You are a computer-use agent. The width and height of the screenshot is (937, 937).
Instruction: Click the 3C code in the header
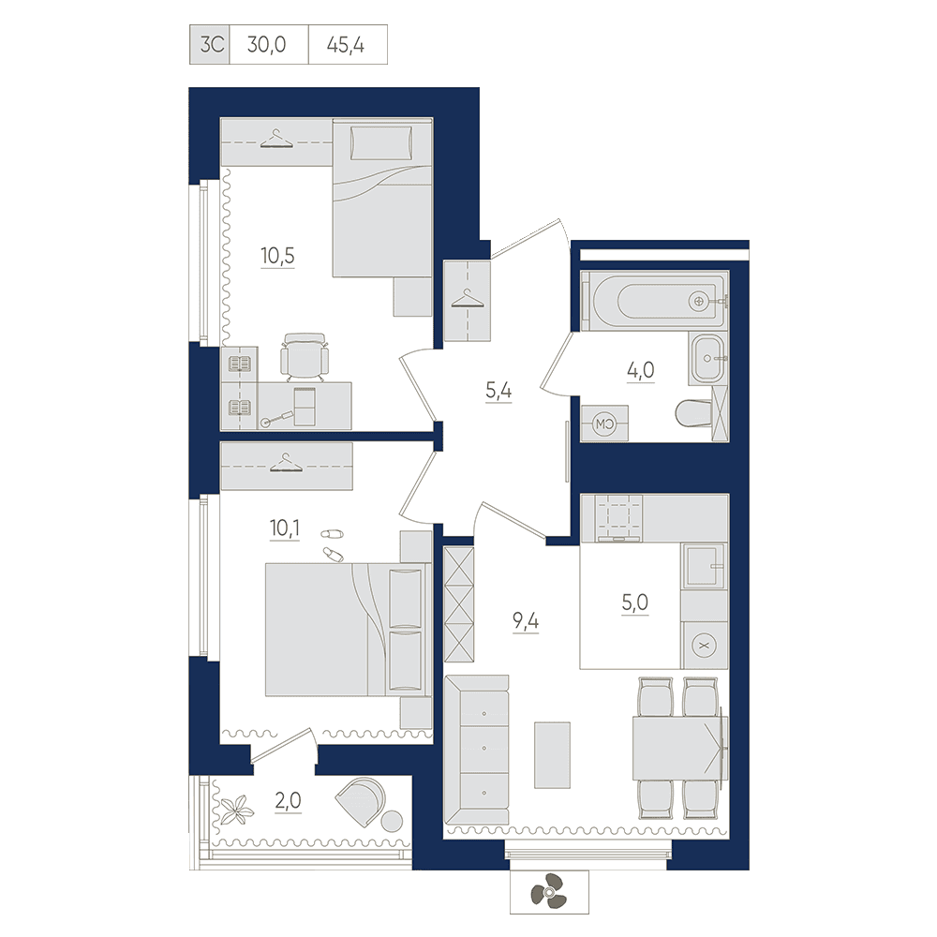click(x=212, y=45)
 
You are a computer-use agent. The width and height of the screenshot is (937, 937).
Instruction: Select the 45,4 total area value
click(x=346, y=45)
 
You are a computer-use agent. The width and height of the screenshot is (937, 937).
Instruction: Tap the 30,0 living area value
click(x=266, y=45)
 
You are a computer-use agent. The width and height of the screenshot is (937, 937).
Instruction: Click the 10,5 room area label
click(x=278, y=256)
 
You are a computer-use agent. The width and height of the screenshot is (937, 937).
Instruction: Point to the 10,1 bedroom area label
click(x=285, y=528)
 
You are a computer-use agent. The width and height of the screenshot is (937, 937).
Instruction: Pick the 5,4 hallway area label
click(x=498, y=391)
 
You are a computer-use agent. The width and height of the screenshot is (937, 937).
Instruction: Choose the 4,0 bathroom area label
click(x=641, y=370)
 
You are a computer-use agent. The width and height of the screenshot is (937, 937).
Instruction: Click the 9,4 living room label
click(x=526, y=621)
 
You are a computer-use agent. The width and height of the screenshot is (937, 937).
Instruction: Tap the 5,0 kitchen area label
click(x=634, y=602)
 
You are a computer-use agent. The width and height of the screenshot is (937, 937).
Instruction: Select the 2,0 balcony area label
click(x=288, y=800)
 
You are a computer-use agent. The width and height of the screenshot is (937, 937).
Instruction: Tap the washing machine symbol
click(x=604, y=424)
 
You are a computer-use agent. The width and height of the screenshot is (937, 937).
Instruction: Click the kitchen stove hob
click(x=617, y=517)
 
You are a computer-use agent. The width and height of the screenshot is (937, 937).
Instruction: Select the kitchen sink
click(x=705, y=565)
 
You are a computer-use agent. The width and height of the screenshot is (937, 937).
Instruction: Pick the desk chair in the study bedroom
click(x=305, y=357)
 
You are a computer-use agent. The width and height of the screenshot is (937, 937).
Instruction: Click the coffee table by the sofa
click(x=552, y=754)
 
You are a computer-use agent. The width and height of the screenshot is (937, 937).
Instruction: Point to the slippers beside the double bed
click(x=333, y=543)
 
